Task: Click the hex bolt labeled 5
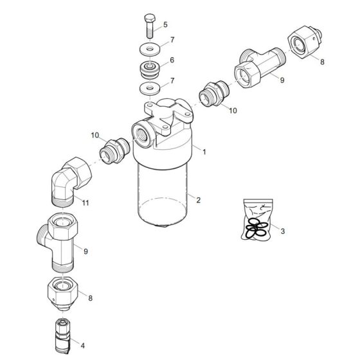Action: tap(150, 26)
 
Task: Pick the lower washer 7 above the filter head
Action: tap(149, 88)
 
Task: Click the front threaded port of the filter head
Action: tap(141, 132)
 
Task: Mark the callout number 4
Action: tap(82, 345)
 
